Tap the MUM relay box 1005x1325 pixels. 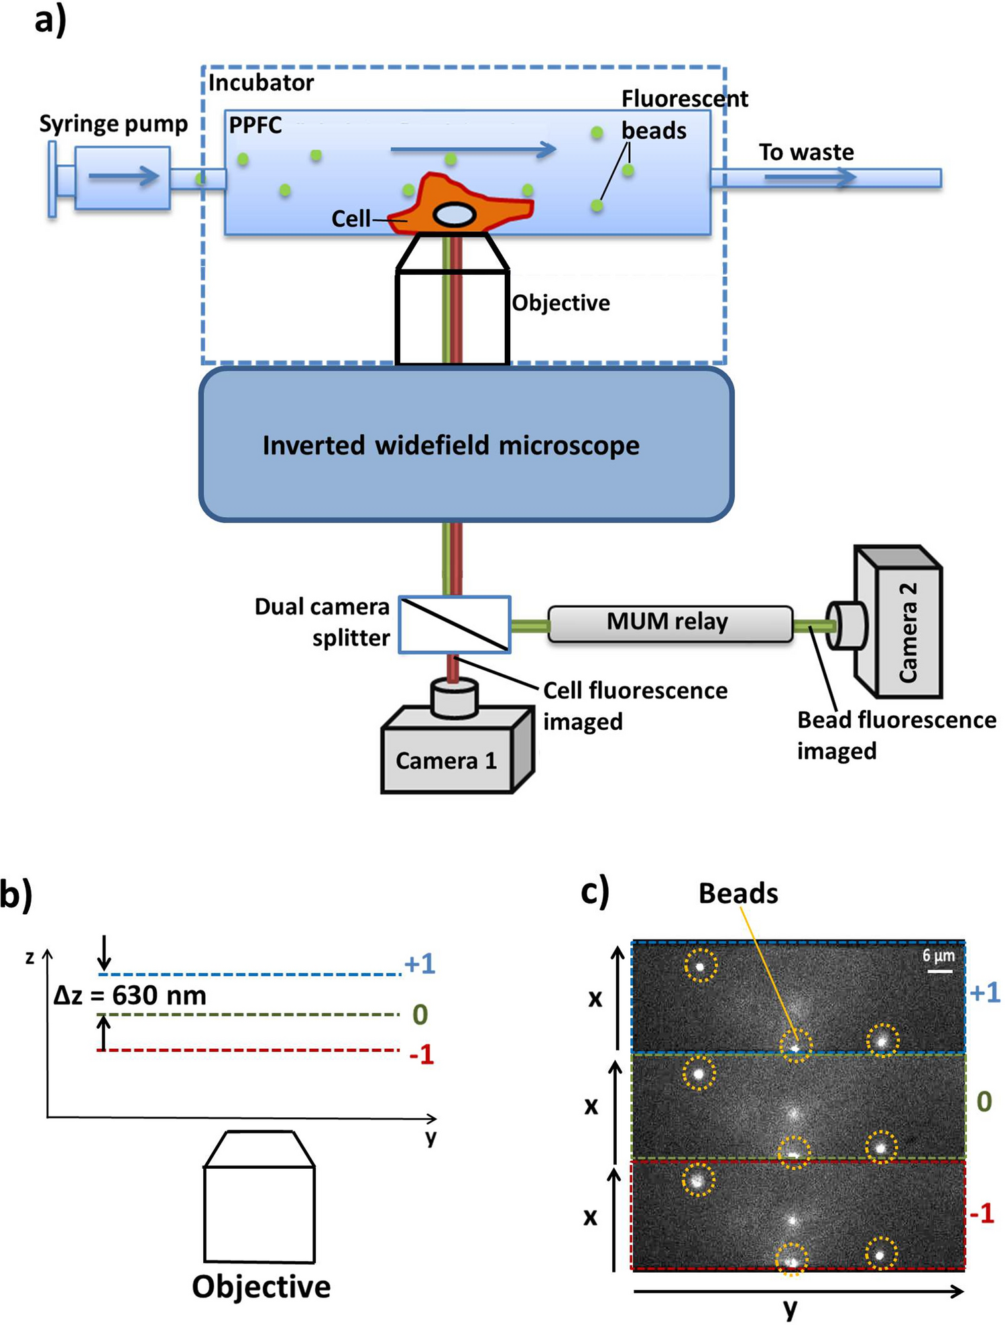tap(669, 623)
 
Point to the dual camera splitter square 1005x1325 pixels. tap(455, 625)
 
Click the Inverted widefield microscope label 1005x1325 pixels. tap(451, 446)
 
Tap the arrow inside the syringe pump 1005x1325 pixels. tap(123, 176)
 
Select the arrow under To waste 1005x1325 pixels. tap(810, 177)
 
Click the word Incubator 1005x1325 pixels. tap(261, 83)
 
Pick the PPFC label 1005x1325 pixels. tap(255, 125)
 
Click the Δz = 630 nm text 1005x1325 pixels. tap(130, 996)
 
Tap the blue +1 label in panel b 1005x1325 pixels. tap(420, 964)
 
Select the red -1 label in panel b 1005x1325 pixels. tap(422, 1056)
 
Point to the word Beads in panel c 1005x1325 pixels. tap(738, 893)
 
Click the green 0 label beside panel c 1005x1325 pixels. tap(984, 1101)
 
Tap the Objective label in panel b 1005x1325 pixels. tap(261, 1287)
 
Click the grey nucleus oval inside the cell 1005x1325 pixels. tap(455, 215)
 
